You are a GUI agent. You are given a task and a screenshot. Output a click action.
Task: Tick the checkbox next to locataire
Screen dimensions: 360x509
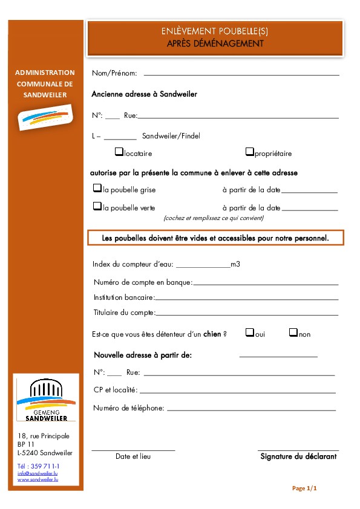119,152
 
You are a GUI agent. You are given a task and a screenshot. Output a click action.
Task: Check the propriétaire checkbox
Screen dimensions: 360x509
249,152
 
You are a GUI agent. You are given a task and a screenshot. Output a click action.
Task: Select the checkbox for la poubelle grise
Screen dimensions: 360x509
97,189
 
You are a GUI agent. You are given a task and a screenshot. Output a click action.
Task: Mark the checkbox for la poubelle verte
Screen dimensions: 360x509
97,206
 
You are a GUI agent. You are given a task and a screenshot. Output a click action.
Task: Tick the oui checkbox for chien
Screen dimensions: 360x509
249,332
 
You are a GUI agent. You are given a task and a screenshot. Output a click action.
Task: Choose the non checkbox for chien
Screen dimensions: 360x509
293,332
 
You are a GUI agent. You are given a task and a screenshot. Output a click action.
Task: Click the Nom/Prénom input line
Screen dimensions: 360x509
241,74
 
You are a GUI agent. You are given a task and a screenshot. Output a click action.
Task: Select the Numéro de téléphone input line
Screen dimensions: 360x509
250,410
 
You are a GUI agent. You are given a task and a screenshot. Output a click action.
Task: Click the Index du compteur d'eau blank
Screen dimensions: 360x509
203,265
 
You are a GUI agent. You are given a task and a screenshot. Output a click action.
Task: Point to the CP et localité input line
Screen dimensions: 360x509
237,392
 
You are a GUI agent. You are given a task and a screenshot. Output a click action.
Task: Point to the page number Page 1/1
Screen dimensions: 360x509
304,488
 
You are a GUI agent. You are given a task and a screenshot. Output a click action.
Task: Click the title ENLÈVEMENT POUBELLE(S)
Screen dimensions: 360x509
215,31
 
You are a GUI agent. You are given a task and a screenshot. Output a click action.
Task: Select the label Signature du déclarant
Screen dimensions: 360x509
298,456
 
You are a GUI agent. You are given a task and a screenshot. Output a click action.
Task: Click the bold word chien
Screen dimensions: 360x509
212,334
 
